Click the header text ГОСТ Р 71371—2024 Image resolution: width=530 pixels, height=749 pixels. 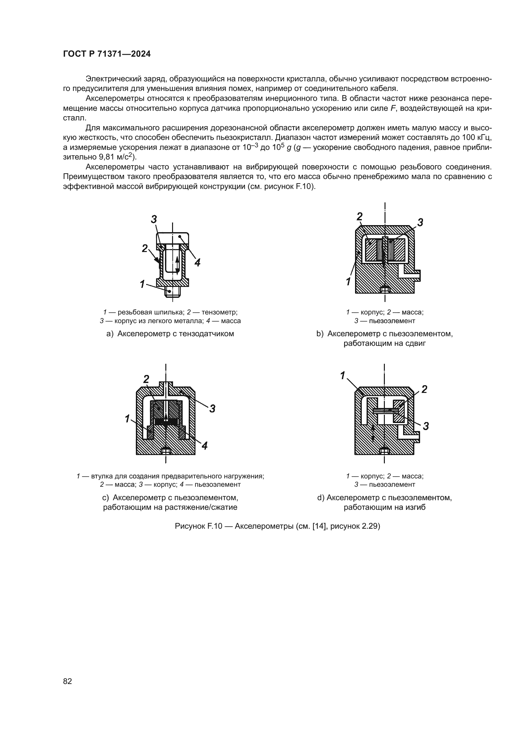107,54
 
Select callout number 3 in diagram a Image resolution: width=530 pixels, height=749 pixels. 154,219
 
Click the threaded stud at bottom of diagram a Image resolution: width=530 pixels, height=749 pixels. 172,291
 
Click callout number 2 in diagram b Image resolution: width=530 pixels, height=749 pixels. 359,216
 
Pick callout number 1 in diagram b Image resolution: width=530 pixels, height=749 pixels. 349,281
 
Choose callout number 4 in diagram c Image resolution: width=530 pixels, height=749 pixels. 205,446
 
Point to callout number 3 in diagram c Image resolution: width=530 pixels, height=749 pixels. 212,408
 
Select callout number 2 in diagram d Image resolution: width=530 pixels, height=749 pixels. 424,389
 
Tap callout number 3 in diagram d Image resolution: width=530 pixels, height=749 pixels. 426,426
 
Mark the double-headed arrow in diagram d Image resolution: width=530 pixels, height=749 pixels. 373,433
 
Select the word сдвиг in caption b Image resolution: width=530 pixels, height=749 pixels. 416,344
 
